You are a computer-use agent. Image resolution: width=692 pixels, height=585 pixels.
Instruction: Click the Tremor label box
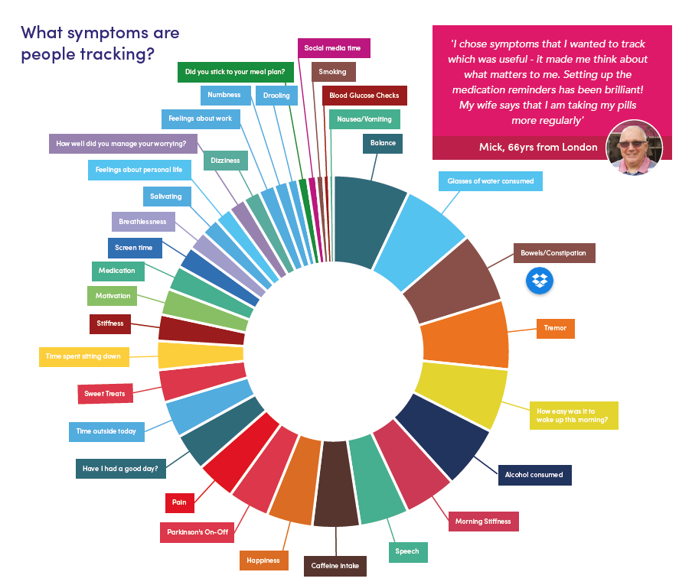pos(555,328)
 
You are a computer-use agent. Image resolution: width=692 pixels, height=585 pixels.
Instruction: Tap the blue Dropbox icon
pos(540,281)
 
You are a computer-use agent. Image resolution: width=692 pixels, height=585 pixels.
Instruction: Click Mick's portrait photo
pos(634,148)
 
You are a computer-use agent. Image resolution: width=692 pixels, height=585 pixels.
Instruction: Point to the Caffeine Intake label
pos(335,566)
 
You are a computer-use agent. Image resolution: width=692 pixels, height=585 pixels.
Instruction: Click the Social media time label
pos(334,48)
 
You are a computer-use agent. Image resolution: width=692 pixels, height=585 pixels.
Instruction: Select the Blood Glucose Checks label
pos(364,96)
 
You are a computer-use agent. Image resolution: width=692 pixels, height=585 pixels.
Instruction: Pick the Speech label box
pos(408,552)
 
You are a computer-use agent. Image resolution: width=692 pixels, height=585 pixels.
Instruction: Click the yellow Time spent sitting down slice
pos(201,355)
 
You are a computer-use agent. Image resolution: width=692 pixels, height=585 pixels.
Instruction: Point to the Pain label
pos(180,502)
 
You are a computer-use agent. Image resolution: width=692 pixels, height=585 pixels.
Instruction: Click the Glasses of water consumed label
pos(491,181)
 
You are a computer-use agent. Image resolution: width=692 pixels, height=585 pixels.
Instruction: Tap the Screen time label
pos(135,249)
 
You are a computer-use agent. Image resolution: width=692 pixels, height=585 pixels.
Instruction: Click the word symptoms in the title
pos(108,34)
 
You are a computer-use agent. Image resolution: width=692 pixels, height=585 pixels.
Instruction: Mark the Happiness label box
pos(264,561)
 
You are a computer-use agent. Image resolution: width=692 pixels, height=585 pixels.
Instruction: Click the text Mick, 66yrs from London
pos(538,148)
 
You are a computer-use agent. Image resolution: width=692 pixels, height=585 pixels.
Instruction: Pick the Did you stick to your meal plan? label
pos(236,73)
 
